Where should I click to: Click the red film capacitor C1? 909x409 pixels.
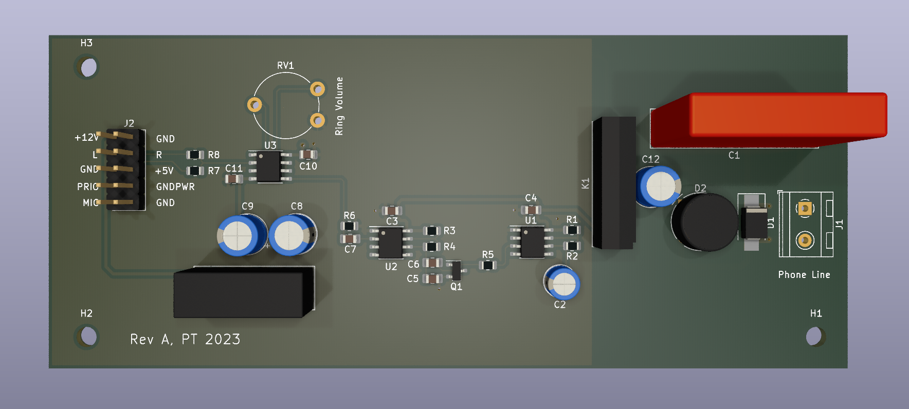coord(771,119)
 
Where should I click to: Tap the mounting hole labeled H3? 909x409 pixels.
coord(88,67)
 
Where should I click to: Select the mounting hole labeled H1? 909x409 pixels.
coord(814,337)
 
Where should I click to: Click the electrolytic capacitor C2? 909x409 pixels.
coord(562,283)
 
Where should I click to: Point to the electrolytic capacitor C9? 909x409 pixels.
coord(240,235)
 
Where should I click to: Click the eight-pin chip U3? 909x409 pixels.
coord(268,166)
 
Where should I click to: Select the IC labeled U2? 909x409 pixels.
coord(390,243)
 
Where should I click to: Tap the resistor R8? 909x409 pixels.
coord(195,155)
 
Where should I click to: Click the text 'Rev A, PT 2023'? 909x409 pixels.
coord(185,339)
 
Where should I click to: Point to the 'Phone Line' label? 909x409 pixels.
coord(804,275)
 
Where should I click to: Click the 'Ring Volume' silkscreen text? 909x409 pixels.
coord(339,106)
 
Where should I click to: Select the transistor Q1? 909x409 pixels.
coord(456,270)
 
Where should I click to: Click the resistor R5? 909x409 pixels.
coord(487,266)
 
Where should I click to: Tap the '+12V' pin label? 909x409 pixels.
coord(86,137)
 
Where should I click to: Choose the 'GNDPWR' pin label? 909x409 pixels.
coord(175,187)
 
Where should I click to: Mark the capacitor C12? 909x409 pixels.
coord(659,186)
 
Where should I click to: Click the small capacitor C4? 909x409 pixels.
coord(531,210)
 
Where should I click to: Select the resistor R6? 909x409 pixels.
coord(349,226)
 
